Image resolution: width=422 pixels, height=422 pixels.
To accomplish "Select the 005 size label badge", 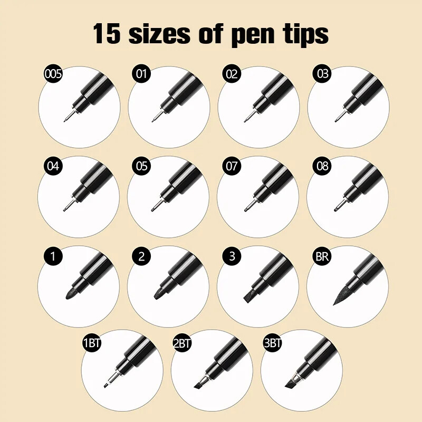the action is click(x=53, y=73).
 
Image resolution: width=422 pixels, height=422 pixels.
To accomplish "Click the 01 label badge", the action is click(x=141, y=73).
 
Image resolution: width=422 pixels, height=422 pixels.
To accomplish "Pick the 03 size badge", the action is click(x=322, y=73).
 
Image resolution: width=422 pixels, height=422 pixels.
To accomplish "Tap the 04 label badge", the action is click(x=53, y=166).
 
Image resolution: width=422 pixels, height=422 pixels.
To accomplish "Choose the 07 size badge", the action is click(x=232, y=166).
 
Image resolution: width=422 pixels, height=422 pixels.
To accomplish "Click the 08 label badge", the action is click(x=322, y=166).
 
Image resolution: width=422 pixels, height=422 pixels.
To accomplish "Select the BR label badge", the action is click(x=322, y=256).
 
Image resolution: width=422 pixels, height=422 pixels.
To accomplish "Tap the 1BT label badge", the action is click(x=92, y=343).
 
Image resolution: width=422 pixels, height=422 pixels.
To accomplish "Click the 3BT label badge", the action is click(x=272, y=343).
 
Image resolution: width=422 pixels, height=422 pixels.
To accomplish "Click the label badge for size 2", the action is click(x=141, y=256).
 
